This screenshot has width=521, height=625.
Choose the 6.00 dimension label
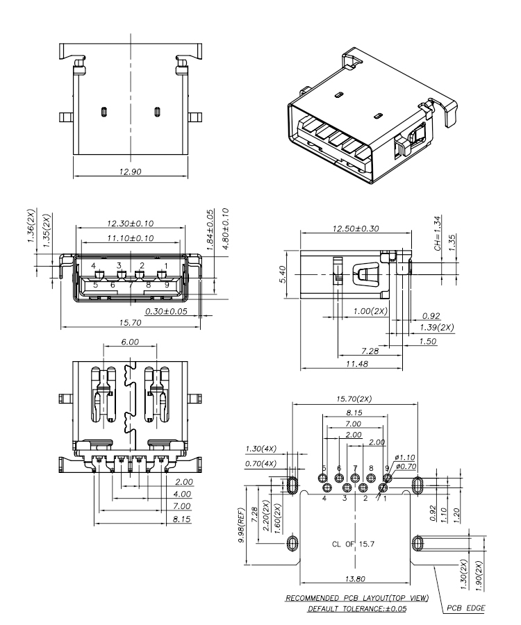click(x=129, y=342)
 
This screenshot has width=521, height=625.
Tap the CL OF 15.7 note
click(x=352, y=543)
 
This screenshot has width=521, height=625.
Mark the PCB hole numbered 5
click(x=323, y=478)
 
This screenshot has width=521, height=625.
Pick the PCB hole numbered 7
click(x=355, y=478)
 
